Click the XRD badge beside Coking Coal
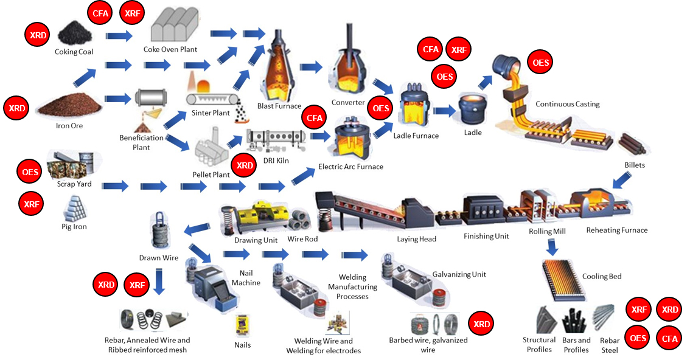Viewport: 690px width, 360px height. click(x=38, y=35)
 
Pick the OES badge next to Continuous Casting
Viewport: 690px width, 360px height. click(x=540, y=63)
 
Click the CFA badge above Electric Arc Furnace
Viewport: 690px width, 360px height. click(x=314, y=118)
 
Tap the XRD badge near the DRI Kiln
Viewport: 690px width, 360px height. click(x=245, y=165)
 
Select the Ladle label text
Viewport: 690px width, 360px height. click(x=472, y=132)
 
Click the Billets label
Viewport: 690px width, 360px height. click(x=634, y=165)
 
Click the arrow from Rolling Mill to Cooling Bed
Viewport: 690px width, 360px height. click(x=552, y=247)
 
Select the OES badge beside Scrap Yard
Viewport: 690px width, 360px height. click(x=30, y=172)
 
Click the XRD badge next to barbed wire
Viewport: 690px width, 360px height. click(x=481, y=324)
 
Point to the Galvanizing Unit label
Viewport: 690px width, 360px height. click(x=459, y=274)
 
